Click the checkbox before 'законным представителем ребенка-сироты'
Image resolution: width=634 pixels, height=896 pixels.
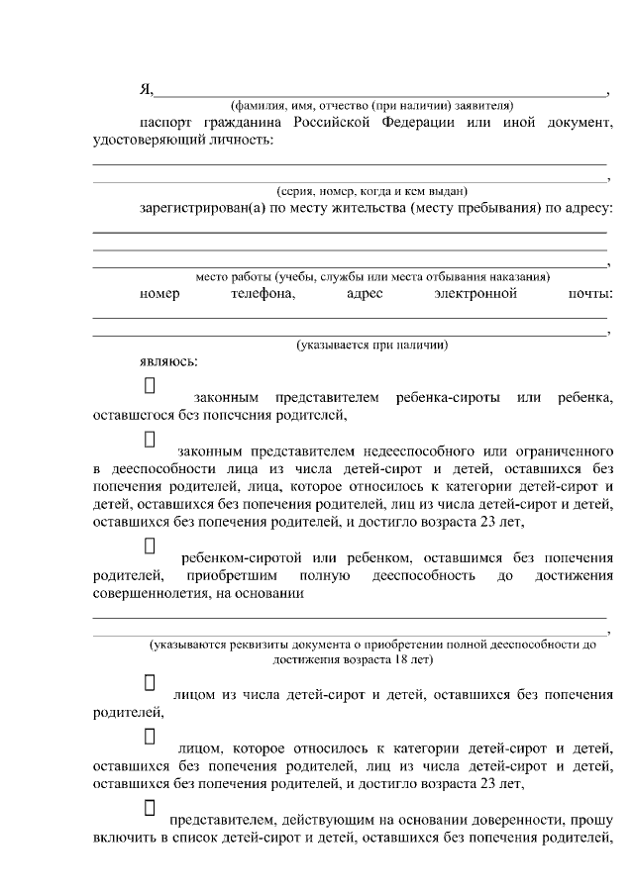(x=151, y=384)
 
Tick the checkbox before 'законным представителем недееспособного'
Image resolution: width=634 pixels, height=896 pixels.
(x=151, y=438)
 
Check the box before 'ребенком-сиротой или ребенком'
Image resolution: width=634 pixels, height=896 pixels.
(x=151, y=545)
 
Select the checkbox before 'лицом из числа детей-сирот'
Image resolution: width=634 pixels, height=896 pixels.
(x=151, y=682)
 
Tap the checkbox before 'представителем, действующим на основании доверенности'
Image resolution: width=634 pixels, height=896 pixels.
(x=151, y=809)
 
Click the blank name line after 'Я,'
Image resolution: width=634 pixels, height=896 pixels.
(x=380, y=91)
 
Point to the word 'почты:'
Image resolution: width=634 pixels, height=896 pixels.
(x=590, y=294)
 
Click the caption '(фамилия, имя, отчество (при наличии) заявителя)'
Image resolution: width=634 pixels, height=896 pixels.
(x=371, y=105)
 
